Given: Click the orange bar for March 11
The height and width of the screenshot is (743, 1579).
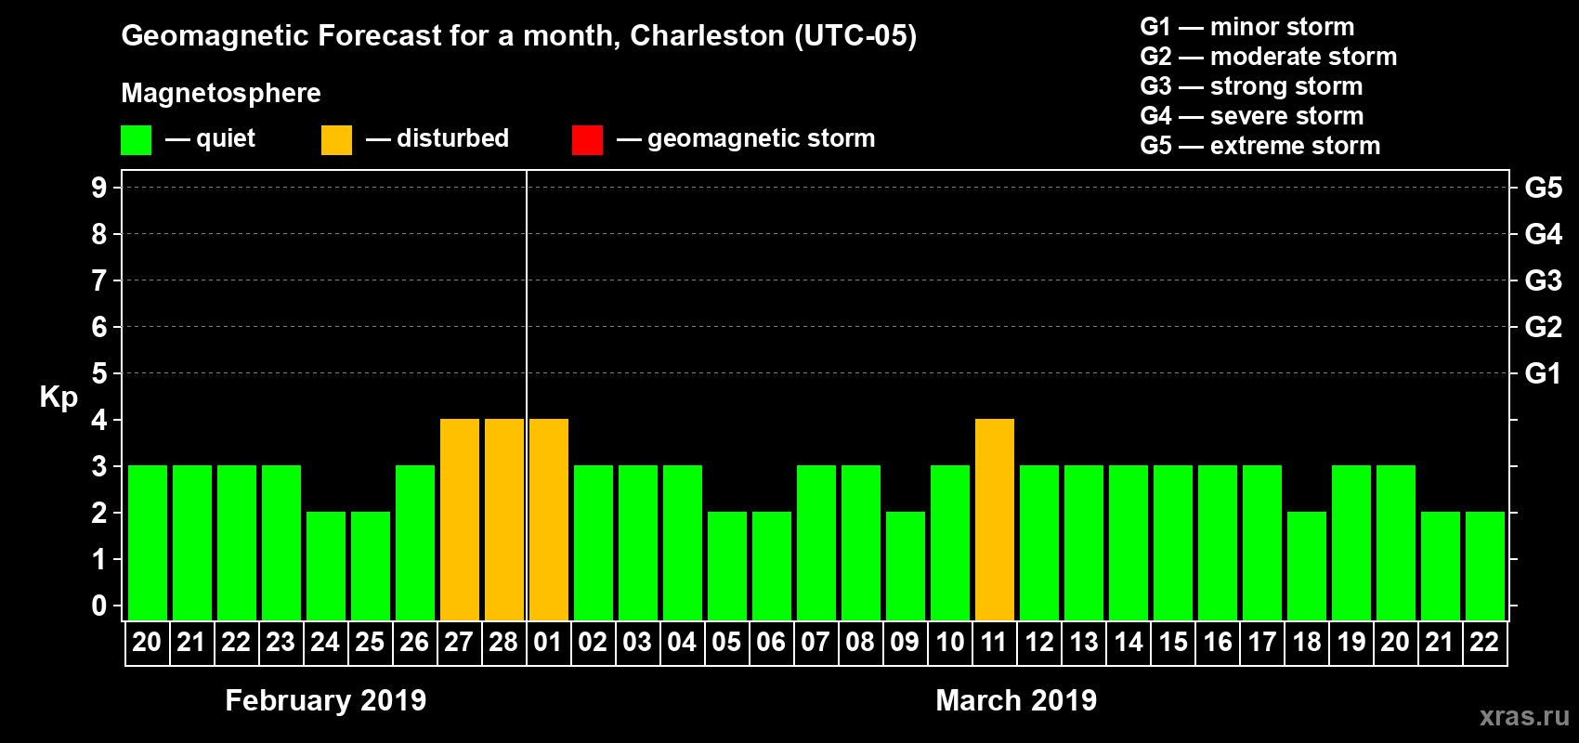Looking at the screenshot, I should coord(995,519).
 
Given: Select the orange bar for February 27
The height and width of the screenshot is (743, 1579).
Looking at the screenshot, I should coord(460,519).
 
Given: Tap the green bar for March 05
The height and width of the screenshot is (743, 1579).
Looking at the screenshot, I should coord(727,566).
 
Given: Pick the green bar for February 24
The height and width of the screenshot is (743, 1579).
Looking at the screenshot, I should coord(326,566).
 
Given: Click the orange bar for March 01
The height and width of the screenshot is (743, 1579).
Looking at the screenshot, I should coord(549,519).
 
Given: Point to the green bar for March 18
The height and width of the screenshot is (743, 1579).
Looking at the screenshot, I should coord(1307,566).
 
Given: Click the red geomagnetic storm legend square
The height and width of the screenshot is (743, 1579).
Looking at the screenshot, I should coord(587,140).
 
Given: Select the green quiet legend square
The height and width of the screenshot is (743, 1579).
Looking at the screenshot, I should coord(136,140).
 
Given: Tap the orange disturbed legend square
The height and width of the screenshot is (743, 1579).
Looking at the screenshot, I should coord(336,140).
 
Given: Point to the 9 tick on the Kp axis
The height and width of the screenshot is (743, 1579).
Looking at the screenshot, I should coord(99,188).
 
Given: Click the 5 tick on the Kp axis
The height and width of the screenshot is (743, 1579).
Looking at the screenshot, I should coord(99,373).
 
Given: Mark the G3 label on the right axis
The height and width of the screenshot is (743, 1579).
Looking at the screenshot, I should coord(1543,280).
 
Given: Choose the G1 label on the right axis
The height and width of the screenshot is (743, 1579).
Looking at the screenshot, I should coord(1543,373).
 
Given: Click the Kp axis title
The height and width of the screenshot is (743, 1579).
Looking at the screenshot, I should coord(59,397).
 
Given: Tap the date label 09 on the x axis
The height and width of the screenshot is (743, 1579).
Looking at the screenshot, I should coord(905,642).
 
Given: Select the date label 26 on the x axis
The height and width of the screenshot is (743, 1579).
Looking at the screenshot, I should coord(414,642).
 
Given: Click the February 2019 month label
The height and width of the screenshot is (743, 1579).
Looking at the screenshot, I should coord(326,700).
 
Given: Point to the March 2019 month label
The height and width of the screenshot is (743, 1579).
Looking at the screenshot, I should coord(1016,700).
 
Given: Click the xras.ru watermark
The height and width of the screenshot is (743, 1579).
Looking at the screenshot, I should coord(1524,716).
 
